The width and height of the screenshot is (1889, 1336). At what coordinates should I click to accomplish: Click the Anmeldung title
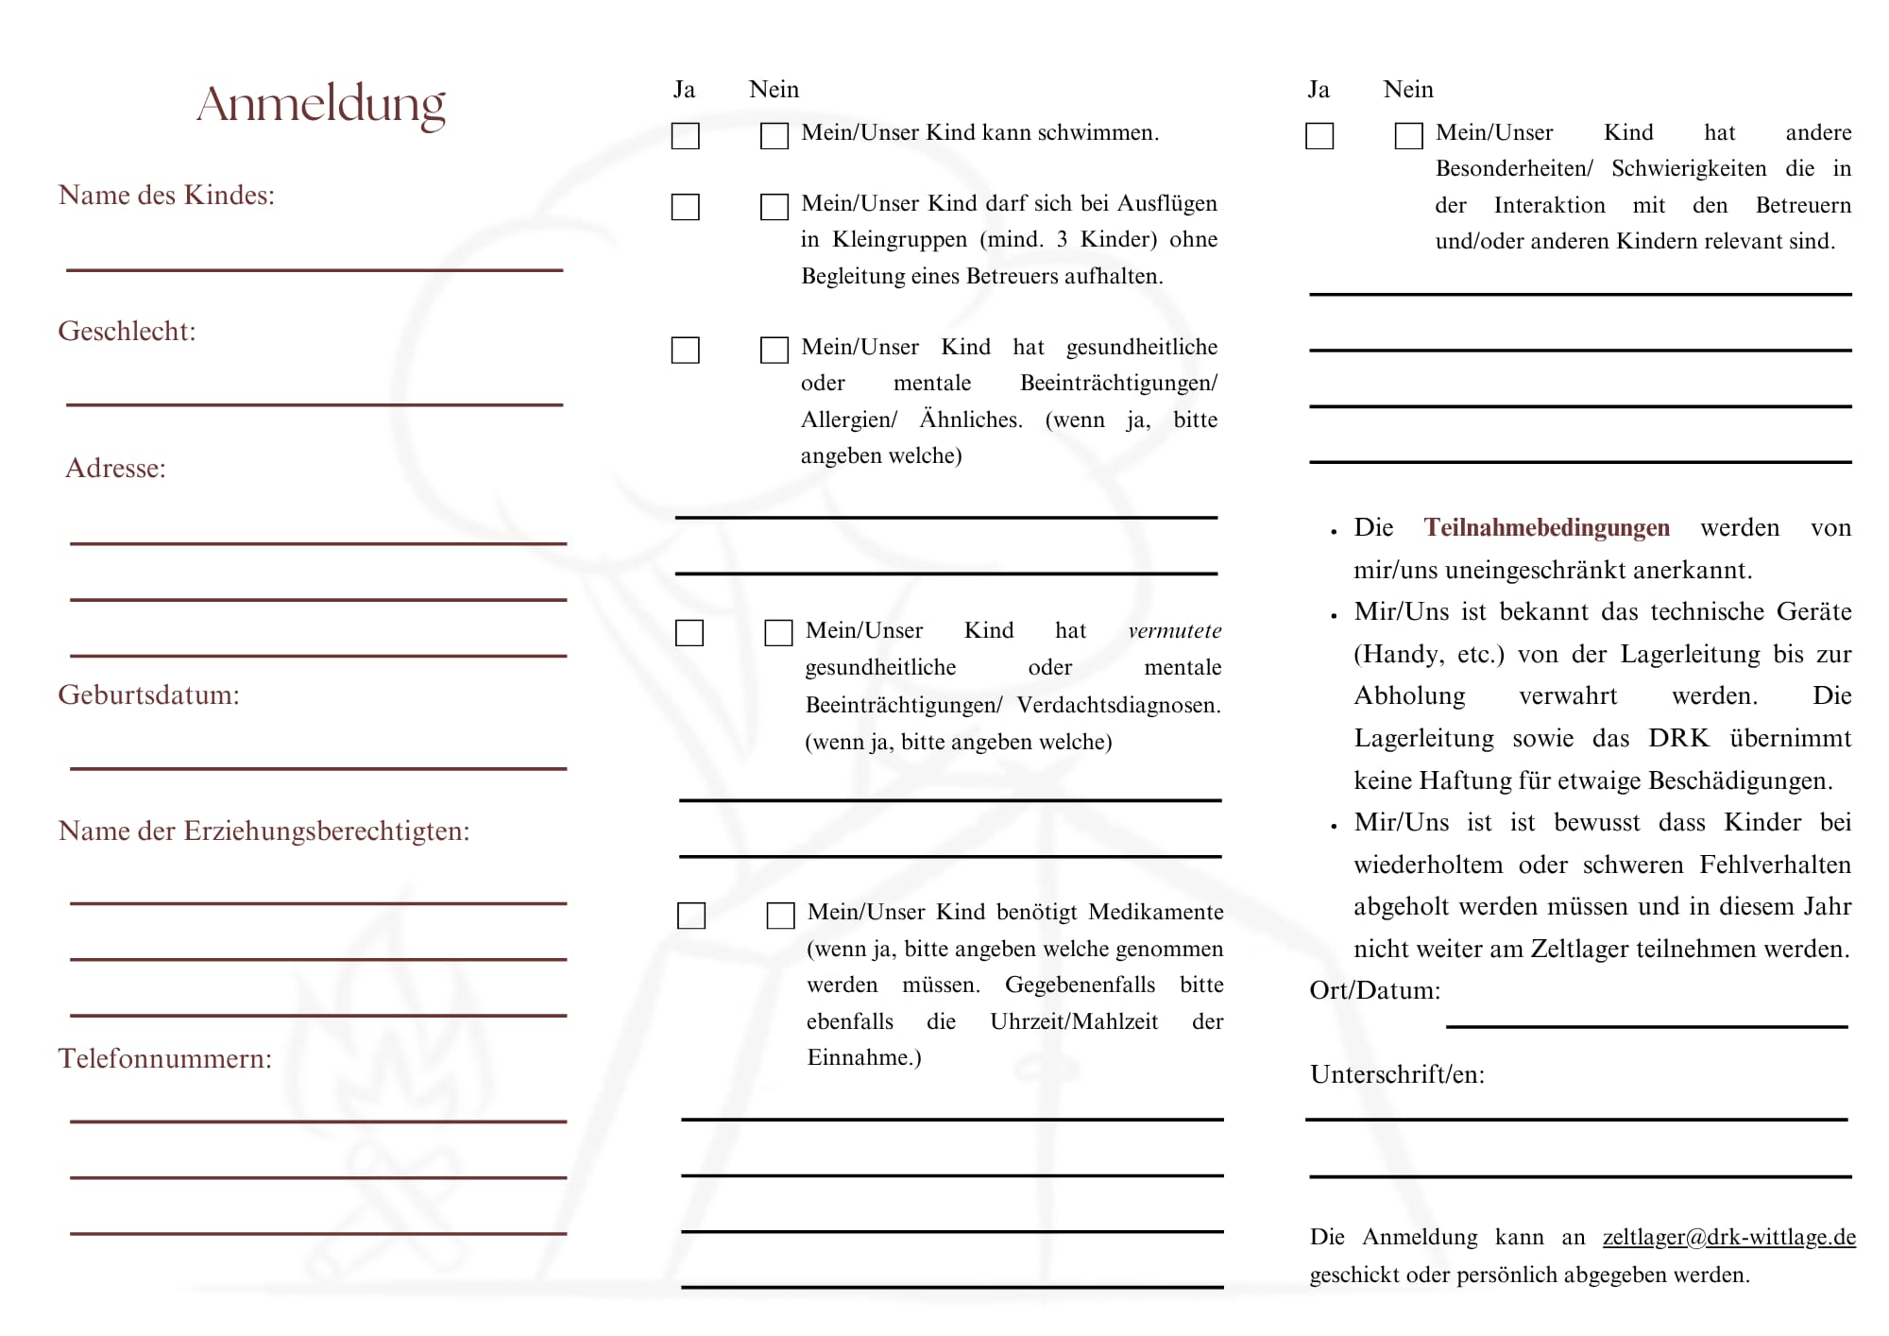pyautogui.click(x=321, y=105)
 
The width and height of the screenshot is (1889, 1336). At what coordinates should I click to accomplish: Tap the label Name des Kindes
pyautogui.click(x=166, y=196)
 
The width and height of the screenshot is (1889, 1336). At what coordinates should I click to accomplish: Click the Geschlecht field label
pyautogui.click(x=127, y=332)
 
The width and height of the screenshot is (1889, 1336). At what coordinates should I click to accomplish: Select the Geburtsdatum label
pyautogui.click(x=148, y=695)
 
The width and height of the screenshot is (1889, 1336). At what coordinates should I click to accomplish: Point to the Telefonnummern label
pyautogui.click(x=164, y=1059)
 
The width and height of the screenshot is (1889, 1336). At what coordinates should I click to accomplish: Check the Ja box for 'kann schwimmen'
pyautogui.click(x=686, y=136)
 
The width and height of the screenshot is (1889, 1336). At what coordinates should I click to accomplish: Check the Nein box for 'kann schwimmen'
pyautogui.click(x=774, y=136)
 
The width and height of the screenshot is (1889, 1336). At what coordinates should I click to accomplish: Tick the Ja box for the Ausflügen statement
pyautogui.click(x=686, y=207)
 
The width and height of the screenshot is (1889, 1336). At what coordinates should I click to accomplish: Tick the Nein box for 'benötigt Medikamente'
pyautogui.click(x=780, y=916)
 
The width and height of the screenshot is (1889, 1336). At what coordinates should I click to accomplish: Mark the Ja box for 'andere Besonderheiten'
pyautogui.click(x=1319, y=136)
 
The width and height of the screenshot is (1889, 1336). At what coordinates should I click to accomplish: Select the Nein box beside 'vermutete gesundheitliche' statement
pyautogui.click(x=778, y=633)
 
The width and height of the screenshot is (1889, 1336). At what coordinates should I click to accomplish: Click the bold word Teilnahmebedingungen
pyautogui.click(x=1546, y=528)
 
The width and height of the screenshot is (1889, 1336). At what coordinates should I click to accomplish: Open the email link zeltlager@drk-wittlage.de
pyautogui.click(x=1728, y=1238)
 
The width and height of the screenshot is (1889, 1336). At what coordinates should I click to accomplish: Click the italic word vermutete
pyautogui.click(x=1174, y=631)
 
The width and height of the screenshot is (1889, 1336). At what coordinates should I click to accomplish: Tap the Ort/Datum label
pyautogui.click(x=1374, y=991)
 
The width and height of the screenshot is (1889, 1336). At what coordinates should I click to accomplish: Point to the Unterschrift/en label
pyautogui.click(x=1397, y=1075)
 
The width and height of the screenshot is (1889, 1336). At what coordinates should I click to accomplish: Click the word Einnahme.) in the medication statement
pyautogui.click(x=863, y=1058)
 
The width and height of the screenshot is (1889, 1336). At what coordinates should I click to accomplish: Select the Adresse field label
pyautogui.click(x=115, y=469)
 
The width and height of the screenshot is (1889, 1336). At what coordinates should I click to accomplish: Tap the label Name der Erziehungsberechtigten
pyautogui.click(x=264, y=831)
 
